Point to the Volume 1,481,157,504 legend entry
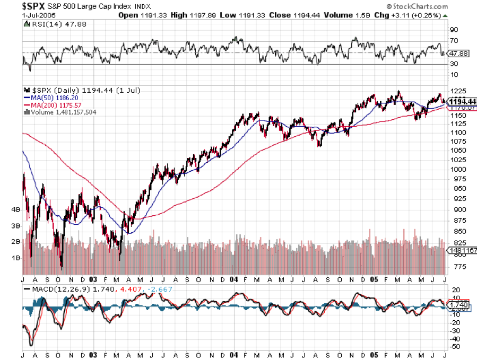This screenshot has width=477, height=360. [62, 112]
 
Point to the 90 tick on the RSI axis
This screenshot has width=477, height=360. [454, 30]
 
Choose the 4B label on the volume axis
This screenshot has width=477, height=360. [15, 209]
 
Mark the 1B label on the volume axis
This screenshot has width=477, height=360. [15, 258]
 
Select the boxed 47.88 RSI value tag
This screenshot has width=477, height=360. [458, 53]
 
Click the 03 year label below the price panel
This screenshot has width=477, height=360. [93, 279]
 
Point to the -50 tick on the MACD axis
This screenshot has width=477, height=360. [454, 346]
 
